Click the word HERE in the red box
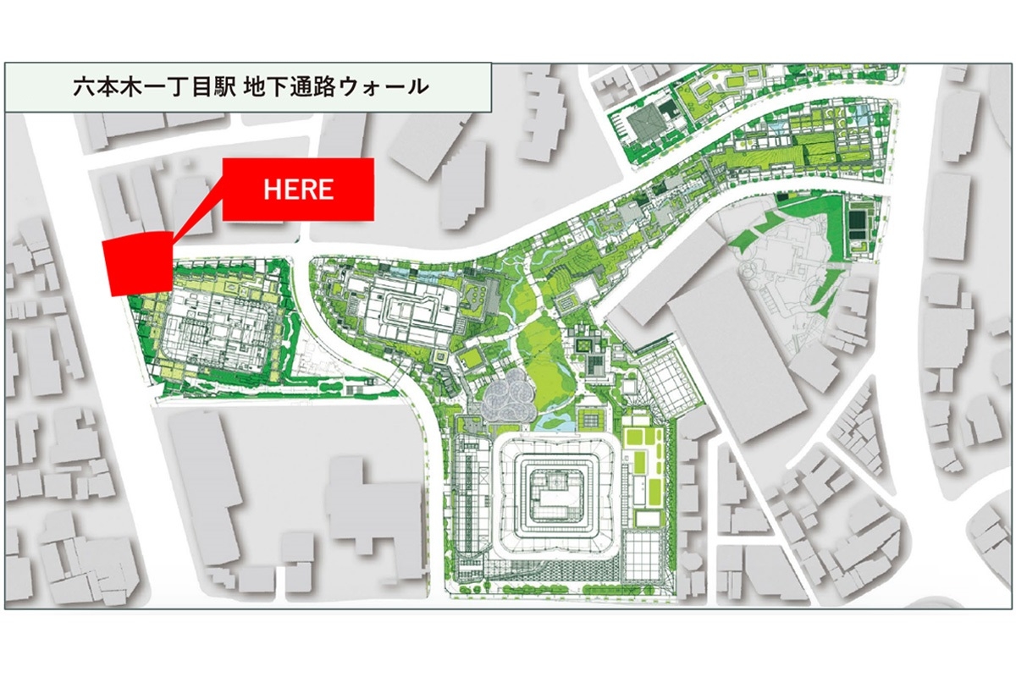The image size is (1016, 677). tap(298, 190)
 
